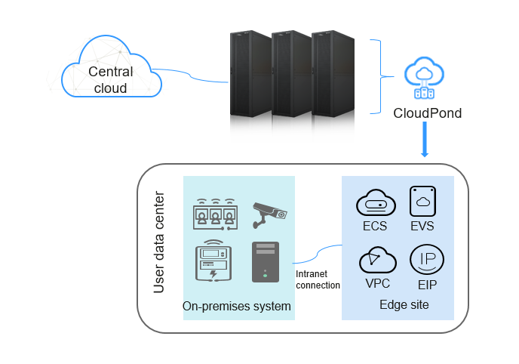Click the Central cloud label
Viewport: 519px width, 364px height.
pos(111,80)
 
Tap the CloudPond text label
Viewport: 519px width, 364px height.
pos(427,113)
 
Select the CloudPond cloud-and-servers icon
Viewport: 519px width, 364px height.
pos(424,78)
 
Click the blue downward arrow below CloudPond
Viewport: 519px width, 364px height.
pos(425,139)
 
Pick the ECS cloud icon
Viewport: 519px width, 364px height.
pos(376,202)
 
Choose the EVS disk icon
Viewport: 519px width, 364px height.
pos(422,201)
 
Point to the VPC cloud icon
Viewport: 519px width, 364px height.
pos(378,260)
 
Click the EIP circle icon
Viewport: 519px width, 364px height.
pos(427,259)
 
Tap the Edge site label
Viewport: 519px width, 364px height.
pos(404,304)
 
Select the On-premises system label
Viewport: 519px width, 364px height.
pos(237,306)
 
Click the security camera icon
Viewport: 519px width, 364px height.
pos(270,215)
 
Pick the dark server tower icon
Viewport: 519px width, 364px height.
pos(266,262)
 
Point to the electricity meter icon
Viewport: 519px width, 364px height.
pos(213,261)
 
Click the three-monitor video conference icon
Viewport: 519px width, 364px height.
pos(216,214)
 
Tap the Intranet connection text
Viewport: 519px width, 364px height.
pos(318,279)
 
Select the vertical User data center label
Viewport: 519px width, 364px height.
pos(159,242)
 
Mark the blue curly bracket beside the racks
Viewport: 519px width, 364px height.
pos(382,77)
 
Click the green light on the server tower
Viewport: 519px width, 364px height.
pos(265,276)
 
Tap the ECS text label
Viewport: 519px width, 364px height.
pos(375,226)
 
